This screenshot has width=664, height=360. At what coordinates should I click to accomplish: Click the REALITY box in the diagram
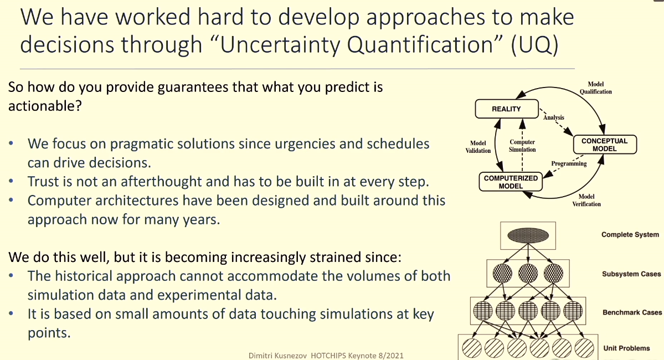(507, 109)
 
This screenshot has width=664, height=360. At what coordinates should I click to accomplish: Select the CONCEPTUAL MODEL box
(605, 145)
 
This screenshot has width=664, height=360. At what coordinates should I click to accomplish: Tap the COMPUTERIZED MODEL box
(511, 182)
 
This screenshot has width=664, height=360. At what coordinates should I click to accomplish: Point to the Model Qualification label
(596, 88)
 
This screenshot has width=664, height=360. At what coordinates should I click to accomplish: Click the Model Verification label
(586, 200)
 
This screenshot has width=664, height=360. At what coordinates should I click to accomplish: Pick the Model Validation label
(478, 147)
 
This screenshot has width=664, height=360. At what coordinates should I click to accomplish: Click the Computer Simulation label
(522, 146)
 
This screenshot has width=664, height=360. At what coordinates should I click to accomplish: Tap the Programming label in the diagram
(569, 163)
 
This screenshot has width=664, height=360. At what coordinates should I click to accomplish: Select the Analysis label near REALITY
(553, 117)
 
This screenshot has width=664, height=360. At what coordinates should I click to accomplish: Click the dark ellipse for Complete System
(528, 235)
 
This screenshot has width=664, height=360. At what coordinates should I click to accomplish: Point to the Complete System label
(630, 235)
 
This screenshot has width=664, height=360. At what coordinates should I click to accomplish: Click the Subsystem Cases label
(631, 274)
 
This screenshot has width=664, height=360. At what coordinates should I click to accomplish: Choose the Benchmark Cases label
(632, 312)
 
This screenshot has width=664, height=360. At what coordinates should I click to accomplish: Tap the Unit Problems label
(626, 348)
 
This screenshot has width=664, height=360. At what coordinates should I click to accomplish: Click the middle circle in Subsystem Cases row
(528, 273)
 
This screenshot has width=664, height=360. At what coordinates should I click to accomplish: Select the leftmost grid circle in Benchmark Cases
(483, 311)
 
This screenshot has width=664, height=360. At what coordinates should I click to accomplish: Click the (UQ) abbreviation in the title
(535, 44)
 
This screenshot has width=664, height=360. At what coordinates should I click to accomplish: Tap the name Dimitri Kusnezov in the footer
(277, 356)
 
